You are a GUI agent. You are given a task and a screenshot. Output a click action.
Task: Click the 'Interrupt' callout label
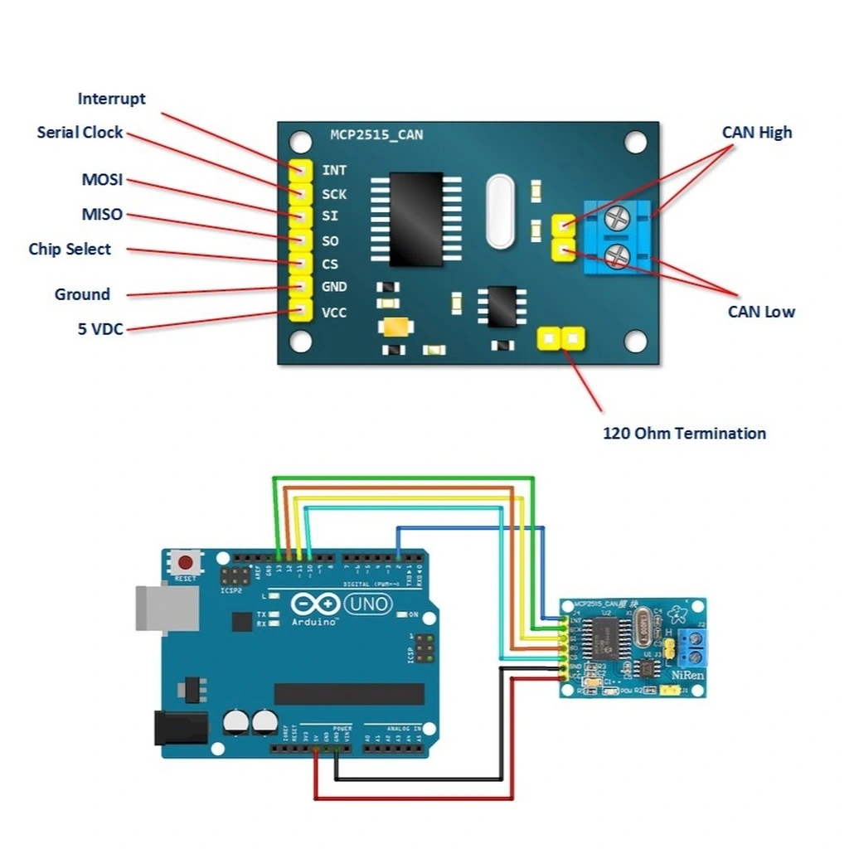[111, 99]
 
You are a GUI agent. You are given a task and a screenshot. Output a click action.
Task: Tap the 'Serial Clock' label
[80, 132]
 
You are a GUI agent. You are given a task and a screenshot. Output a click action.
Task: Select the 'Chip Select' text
[70, 249]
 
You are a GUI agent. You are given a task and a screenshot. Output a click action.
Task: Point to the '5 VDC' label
[100, 329]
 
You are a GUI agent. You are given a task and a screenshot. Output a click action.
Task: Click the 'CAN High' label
[756, 132]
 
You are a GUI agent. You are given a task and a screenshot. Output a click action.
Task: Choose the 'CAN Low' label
[761, 312]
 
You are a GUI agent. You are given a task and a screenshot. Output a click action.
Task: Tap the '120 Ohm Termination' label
[684, 433]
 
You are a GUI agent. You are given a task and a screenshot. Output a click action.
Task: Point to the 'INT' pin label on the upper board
[334, 170]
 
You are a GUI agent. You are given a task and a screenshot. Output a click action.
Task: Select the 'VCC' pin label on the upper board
[334, 313]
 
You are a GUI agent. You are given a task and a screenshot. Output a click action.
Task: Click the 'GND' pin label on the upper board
[334, 287]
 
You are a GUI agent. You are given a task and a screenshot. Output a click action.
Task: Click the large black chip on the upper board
[415, 219]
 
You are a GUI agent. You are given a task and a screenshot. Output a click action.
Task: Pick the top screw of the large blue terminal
[617, 218]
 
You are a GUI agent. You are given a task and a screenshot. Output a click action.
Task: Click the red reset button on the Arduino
[187, 563]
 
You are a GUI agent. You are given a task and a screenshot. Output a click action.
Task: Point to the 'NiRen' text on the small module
[687, 675]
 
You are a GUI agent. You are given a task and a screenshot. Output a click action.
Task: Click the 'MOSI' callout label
[102, 179]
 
